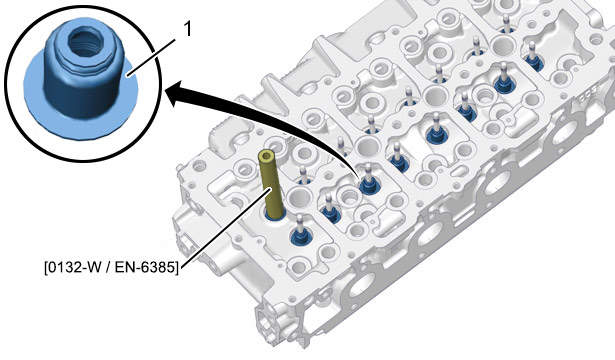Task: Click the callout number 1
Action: pos(188,29)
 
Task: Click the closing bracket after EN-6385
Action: pos(176,268)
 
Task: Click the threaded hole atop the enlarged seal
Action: pos(83,41)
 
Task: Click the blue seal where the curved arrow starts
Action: pos(369,185)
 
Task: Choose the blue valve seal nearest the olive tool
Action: pos(301,236)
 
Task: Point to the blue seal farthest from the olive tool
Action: pos(533,62)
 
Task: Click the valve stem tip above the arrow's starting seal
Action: pos(368,166)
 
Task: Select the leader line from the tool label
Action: pos(226,226)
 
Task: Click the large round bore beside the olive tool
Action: pos(299,196)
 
